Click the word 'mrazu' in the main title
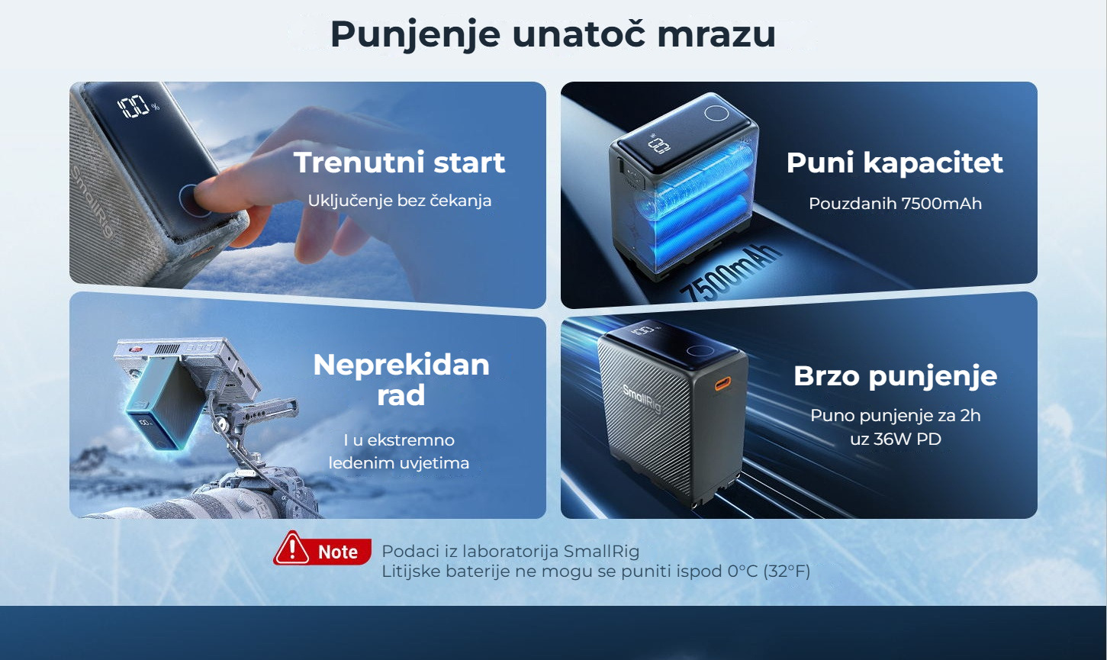(x=716, y=34)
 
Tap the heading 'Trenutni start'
(x=399, y=163)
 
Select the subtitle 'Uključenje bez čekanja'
(x=399, y=201)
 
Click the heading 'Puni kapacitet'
(x=894, y=163)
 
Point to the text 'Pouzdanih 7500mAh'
(x=895, y=203)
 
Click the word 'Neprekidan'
(x=401, y=365)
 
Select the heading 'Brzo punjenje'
(x=896, y=377)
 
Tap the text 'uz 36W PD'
(x=896, y=439)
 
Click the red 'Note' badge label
(x=337, y=552)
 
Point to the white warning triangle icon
(x=292, y=549)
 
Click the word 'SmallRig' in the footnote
(x=601, y=551)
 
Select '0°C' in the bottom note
(x=742, y=571)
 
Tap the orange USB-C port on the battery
(x=722, y=384)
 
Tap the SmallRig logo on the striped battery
(x=642, y=398)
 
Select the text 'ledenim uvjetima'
(x=399, y=463)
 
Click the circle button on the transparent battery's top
(x=716, y=113)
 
